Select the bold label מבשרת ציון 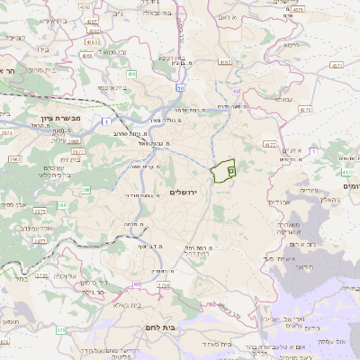pyautogui.click(x=61, y=118)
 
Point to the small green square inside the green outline pyautogui.click(x=230, y=168)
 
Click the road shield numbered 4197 pyautogui.click(x=224, y=61)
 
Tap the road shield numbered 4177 pyautogui.click(x=270, y=143)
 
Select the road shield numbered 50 pyautogui.click(x=181, y=87)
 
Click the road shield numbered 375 pyautogui.click(x=60, y=330)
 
